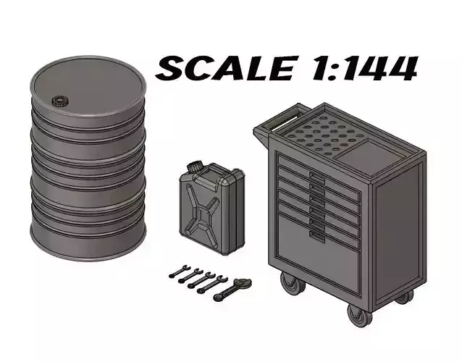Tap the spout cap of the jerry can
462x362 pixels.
click(194, 167)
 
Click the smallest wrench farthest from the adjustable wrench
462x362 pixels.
click(176, 272)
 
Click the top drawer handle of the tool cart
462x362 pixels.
click(316, 177)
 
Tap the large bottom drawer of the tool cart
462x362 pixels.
click(319, 250)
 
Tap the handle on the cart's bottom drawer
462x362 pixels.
click(316, 234)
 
